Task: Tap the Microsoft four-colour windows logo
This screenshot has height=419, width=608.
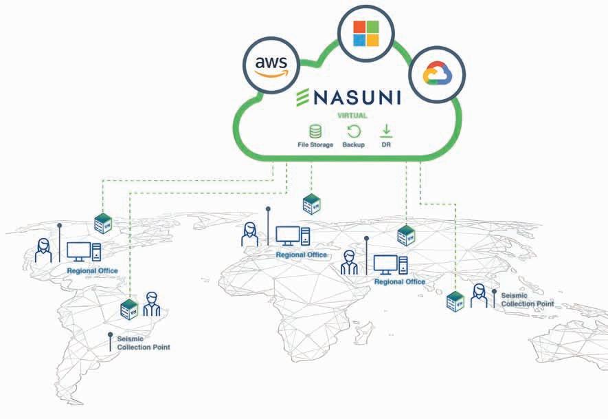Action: click(x=365, y=32)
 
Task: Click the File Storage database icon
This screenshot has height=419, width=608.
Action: click(x=315, y=131)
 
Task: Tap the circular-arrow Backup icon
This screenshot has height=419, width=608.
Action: click(x=353, y=131)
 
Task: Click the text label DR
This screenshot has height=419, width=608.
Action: click(x=386, y=145)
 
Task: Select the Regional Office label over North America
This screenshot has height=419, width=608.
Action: click(x=92, y=271)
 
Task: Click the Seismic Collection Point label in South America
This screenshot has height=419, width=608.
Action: click(x=143, y=343)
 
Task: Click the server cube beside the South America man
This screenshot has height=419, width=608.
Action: click(x=128, y=308)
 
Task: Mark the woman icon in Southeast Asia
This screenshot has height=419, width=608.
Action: click(x=478, y=297)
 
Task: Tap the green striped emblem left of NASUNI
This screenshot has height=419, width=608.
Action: click(x=302, y=98)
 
